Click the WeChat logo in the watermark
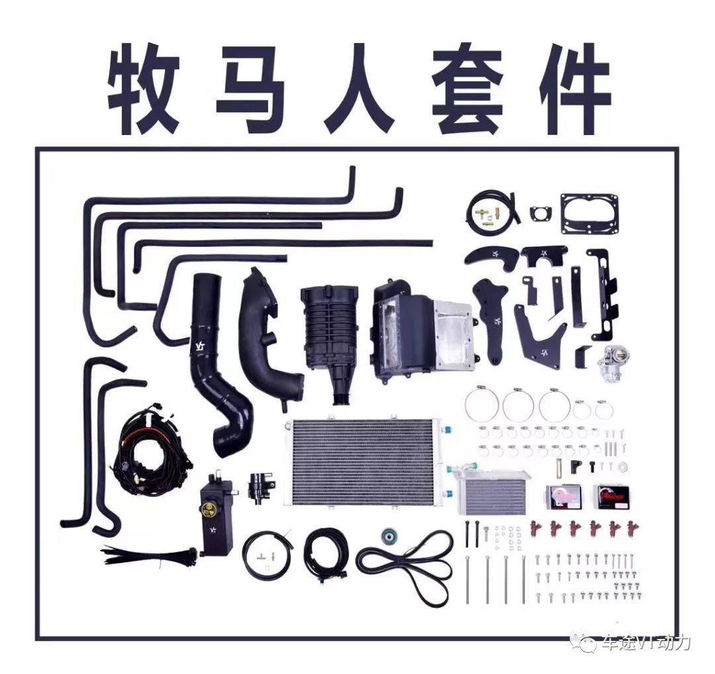[587, 642]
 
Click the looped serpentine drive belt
[406, 566]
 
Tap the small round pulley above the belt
[389, 536]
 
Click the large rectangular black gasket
[590, 214]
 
